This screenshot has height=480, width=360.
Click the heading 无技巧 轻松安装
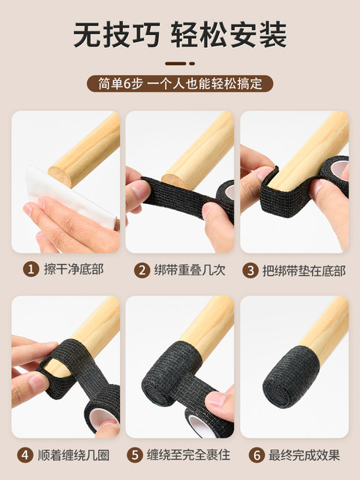click(x=180, y=35)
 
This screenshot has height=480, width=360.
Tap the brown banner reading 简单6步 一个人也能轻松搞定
click(x=180, y=83)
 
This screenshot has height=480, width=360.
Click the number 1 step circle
click(x=31, y=270)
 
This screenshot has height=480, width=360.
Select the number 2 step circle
click(x=142, y=270)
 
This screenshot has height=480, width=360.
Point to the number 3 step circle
click(x=250, y=271)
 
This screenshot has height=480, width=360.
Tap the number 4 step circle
click(x=25, y=455)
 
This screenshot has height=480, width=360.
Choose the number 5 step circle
click(x=135, y=455)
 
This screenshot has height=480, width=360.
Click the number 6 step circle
click(x=256, y=455)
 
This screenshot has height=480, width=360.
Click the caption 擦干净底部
click(x=74, y=269)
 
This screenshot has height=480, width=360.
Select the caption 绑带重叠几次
click(x=190, y=270)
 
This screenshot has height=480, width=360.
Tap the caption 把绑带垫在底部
click(x=304, y=271)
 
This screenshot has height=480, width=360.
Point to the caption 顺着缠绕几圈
click(x=73, y=455)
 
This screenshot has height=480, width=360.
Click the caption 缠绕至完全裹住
click(x=188, y=455)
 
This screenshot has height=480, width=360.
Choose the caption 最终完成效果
click(x=304, y=455)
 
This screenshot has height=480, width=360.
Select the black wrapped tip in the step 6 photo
click(x=290, y=376)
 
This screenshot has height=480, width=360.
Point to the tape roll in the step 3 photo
click(x=336, y=172)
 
